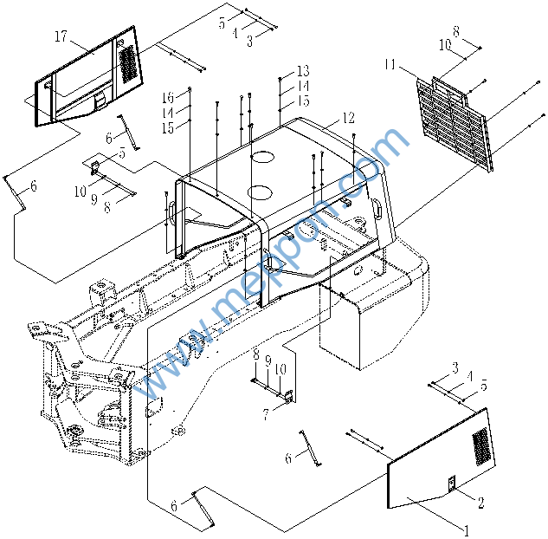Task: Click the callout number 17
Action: [x=61, y=36]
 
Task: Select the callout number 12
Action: [x=347, y=118]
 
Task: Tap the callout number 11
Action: [x=390, y=65]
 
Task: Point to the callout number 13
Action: [x=302, y=70]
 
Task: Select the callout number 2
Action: [x=480, y=501]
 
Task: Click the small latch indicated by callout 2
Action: [x=450, y=484]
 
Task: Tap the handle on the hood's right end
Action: [x=378, y=207]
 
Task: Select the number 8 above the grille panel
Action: [x=455, y=32]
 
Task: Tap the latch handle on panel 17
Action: [x=101, y=100]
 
